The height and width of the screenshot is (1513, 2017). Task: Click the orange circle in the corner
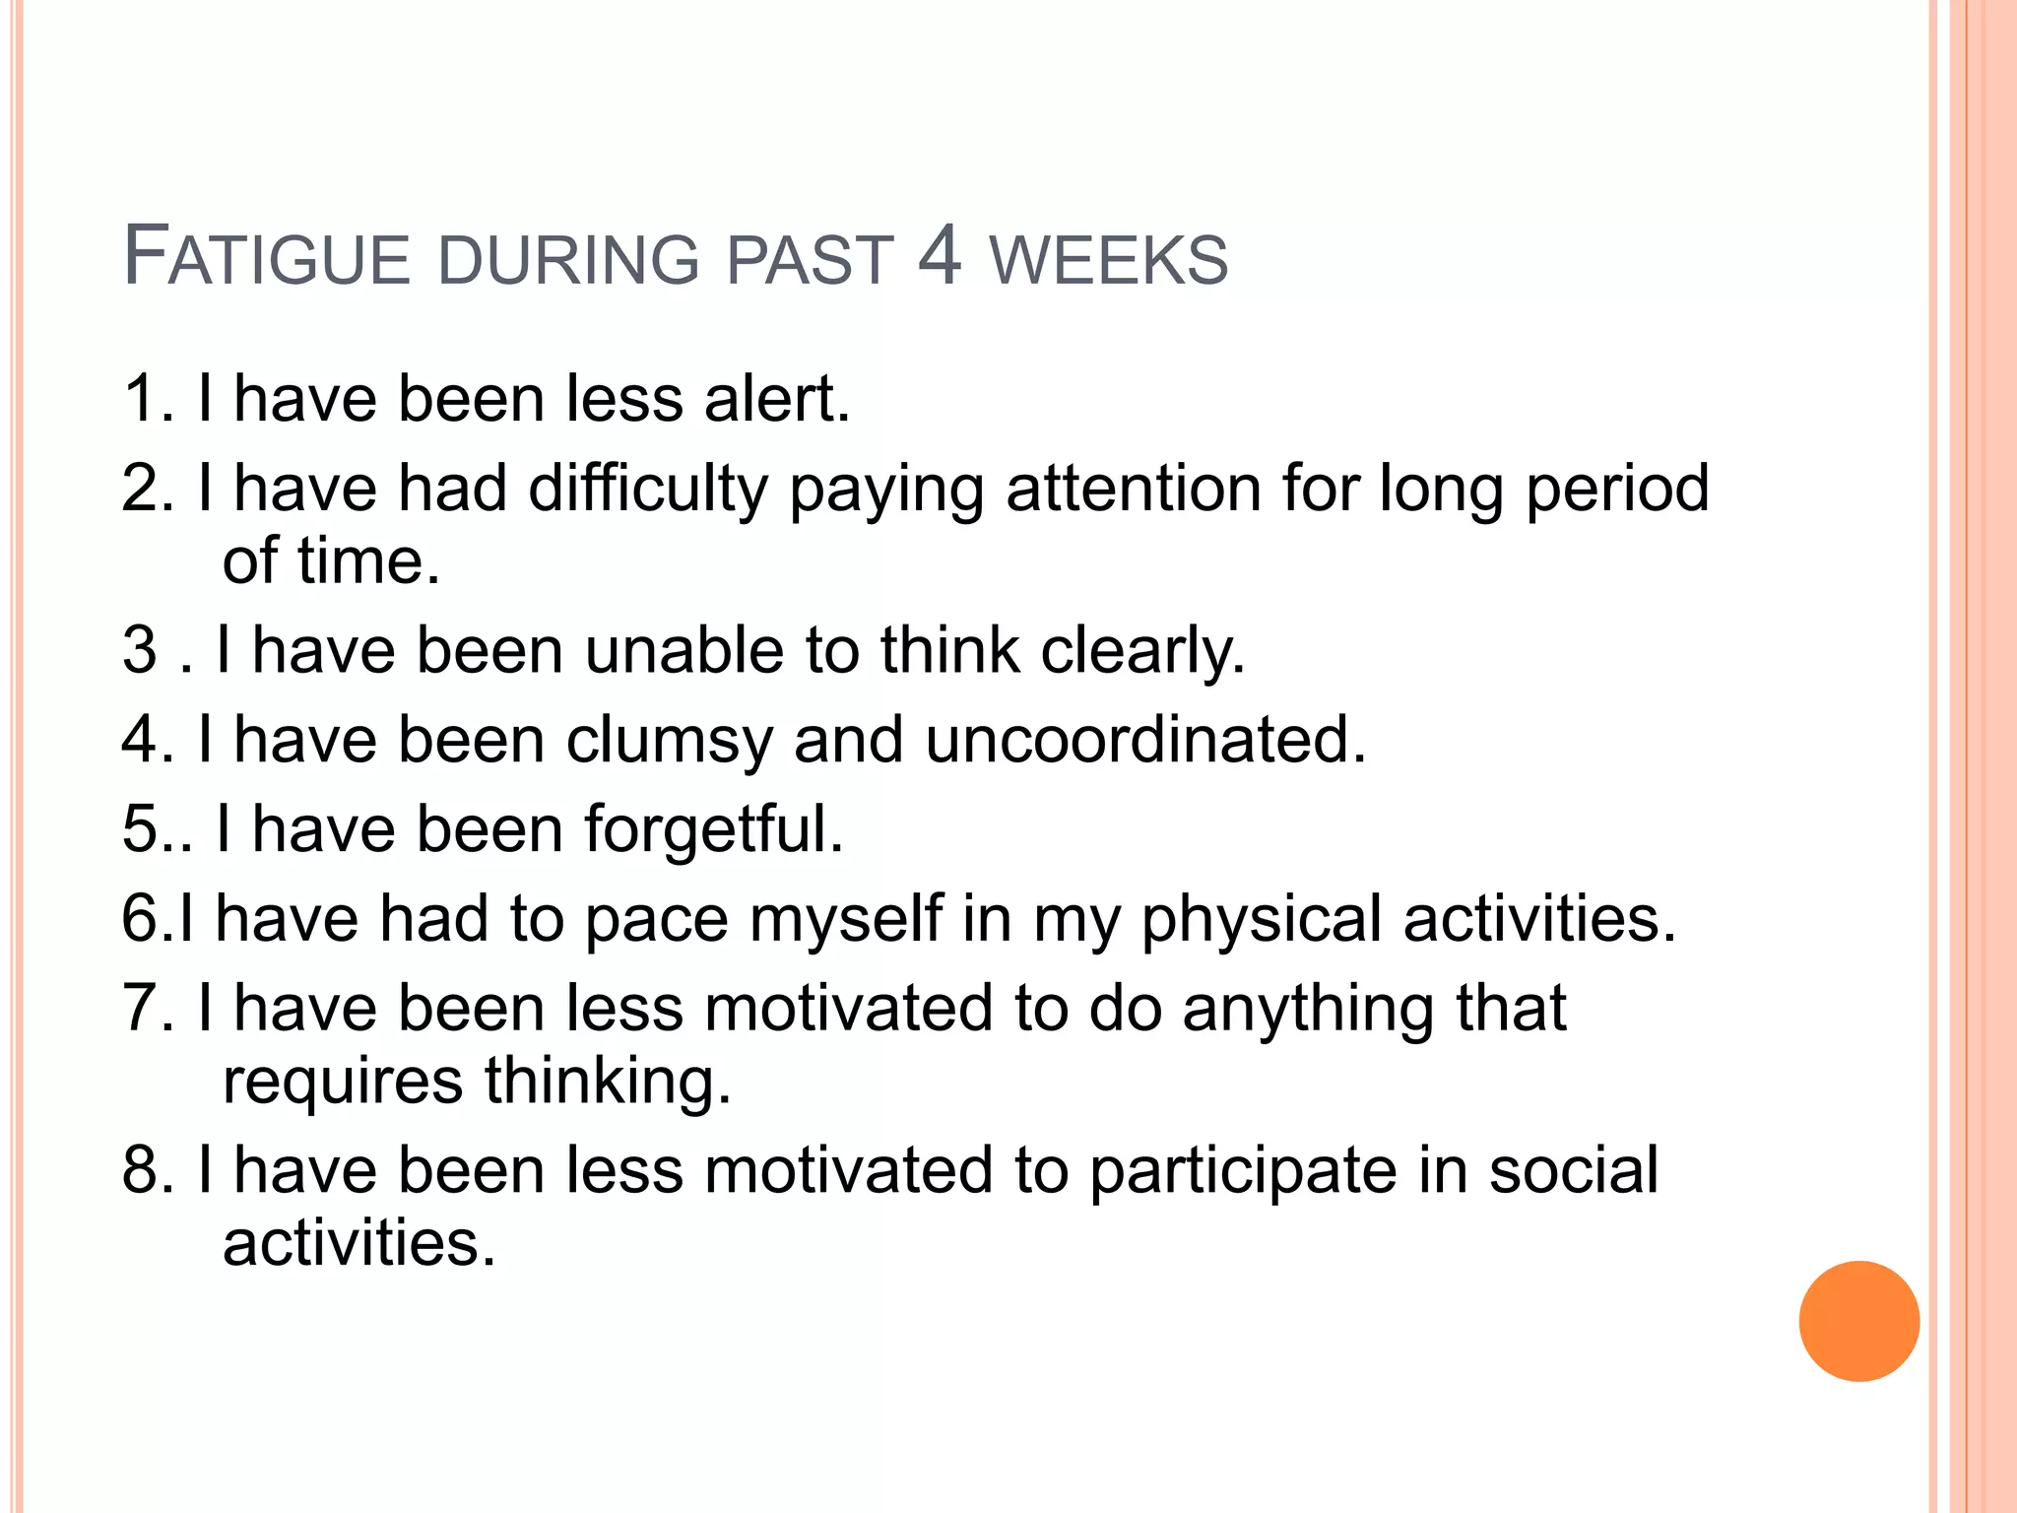coord(1858,1321)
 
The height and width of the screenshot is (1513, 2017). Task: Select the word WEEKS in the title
coord(1109,261)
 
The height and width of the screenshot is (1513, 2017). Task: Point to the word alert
coord(776,399)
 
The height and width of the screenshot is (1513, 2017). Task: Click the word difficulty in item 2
coord(647,490)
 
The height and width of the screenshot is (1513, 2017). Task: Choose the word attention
coord(1134,490)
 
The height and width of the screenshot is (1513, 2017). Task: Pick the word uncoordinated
coord(1145,740)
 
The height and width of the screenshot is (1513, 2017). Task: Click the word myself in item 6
coord(845,920)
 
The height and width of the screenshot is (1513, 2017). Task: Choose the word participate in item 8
coord(1243,1172)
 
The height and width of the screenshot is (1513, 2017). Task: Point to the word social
coord(1573,1170)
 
